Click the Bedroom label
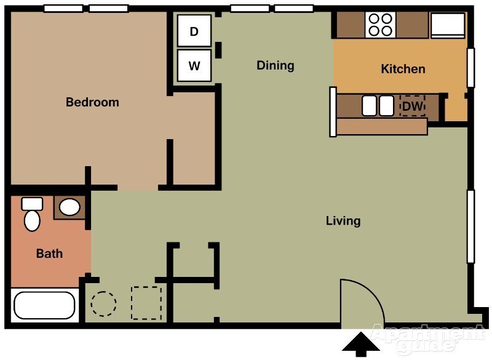click(92, 102)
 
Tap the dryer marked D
click(194, 31)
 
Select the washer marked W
click(194, 66)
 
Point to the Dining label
click(275, 65)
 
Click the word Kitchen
click(403, 69)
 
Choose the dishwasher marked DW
click(412, 106)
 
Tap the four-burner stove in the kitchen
click(380, 25)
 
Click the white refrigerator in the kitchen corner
click(447, 25)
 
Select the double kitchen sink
click(377, 106)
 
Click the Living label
click(343, 221)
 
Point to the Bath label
click(49, 253)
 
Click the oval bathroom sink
click(69, 207)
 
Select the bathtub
click(44, 305)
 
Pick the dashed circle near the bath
click(103, 303)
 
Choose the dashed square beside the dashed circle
click(146, 303)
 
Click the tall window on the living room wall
click(470, 226)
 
